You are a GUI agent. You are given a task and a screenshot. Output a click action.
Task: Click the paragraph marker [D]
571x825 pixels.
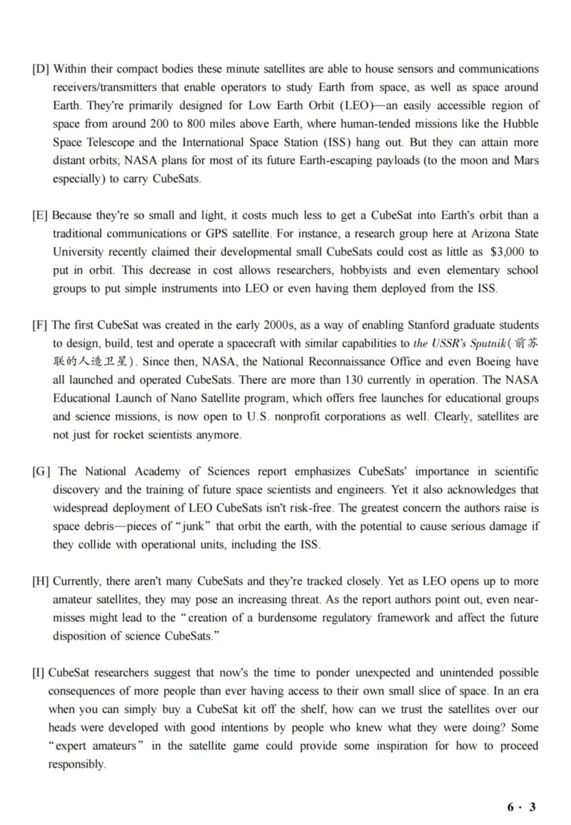pos(41,69)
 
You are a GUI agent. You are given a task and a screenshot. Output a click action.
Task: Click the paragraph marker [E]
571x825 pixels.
pos(41,215)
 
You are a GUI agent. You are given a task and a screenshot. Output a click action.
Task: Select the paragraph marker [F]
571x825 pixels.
pos(41,325)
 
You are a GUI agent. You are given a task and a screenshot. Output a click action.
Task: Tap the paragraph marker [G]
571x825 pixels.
pos(41,471)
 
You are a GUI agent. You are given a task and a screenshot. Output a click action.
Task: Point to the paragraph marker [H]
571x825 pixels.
pos(41,581)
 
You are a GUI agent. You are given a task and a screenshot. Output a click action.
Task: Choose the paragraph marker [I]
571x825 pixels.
pos(39,673)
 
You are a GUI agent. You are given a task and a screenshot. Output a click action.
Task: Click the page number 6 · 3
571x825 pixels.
pos(521,807)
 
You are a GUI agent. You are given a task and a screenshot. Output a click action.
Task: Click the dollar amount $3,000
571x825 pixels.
pos(509,252)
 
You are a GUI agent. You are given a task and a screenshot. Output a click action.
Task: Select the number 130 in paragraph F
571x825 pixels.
pos(356,380)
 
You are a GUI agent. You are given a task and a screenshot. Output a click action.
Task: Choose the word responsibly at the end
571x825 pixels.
pos(76,764)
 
